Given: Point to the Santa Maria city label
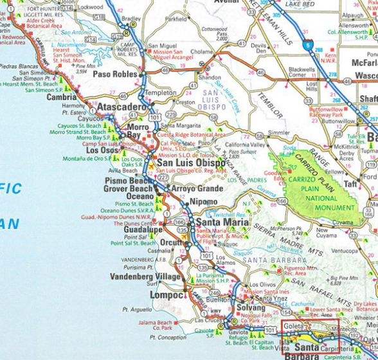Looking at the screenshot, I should pos(218,222).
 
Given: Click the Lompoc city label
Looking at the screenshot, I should pos(166,295).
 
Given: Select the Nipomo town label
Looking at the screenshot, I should pos(204,203).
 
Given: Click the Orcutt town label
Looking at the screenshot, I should pos(173,244).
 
